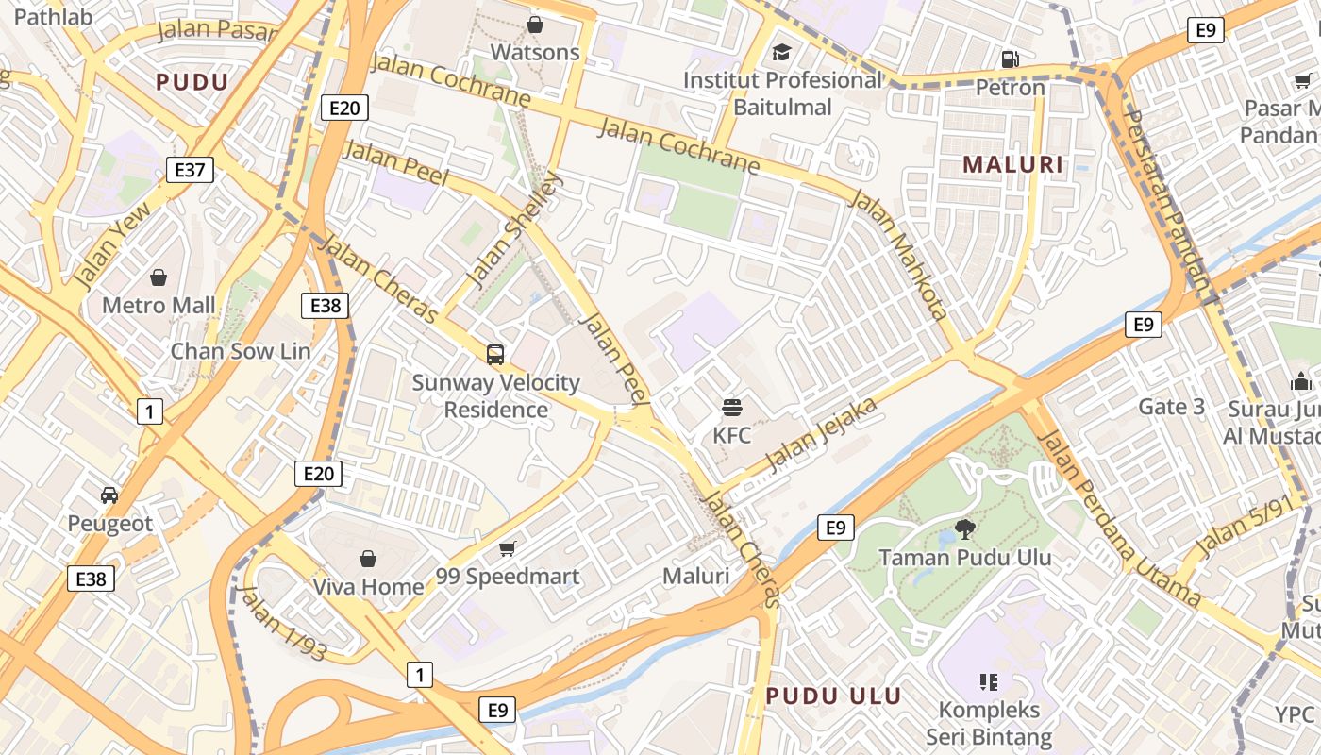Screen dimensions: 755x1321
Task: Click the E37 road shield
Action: click(190, 170)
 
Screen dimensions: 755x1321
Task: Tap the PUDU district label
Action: click(192, 82)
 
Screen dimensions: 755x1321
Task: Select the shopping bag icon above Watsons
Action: click(535, 25)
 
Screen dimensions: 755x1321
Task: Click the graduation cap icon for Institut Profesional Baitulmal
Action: click(781, 52)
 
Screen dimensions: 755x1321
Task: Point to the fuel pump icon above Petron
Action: click(1010, 59)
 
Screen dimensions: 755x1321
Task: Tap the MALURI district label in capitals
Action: click(1012, 164)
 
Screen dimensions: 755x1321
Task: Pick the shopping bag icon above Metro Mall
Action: click(159, 277)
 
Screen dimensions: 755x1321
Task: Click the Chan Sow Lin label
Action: click(240, 351)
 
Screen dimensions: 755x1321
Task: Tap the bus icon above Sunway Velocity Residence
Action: click(495, 355)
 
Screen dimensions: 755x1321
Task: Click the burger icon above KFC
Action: click(732, 408)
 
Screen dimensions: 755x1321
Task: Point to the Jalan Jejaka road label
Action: click(821, 434)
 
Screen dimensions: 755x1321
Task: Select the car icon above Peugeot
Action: click(109, 495)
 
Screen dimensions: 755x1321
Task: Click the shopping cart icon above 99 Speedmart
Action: click(508, 548)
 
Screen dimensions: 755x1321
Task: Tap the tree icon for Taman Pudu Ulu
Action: click(964, 528)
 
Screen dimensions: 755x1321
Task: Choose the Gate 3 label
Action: click(1172, 407)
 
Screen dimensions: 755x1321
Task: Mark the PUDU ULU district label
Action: click(833, 696)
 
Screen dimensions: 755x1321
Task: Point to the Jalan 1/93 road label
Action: click(282, 623)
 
